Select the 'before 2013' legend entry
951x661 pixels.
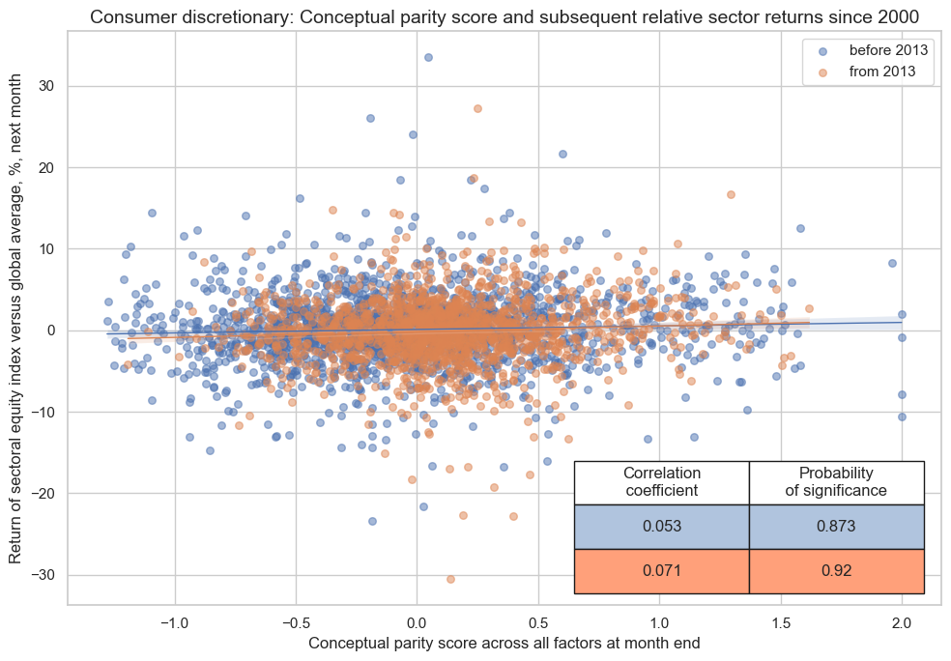click(880, 49)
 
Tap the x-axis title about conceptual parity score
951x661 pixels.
click(504, 643)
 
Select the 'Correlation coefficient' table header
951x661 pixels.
click(662, 482)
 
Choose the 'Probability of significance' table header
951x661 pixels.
click(837, 482)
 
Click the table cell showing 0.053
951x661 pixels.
click(662, 527)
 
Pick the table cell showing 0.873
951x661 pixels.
click(837, 527)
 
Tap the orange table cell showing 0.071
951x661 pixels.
click(662, 571)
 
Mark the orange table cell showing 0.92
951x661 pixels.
click(837, 571)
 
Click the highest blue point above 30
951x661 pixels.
click(428, 57)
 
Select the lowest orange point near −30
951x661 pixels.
click(450, 579)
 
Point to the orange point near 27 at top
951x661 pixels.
click(477, 108)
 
